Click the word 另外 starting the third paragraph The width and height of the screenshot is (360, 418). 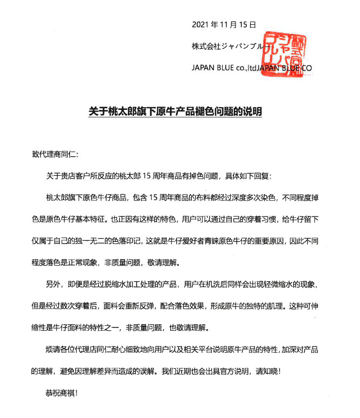coord(54,284)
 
